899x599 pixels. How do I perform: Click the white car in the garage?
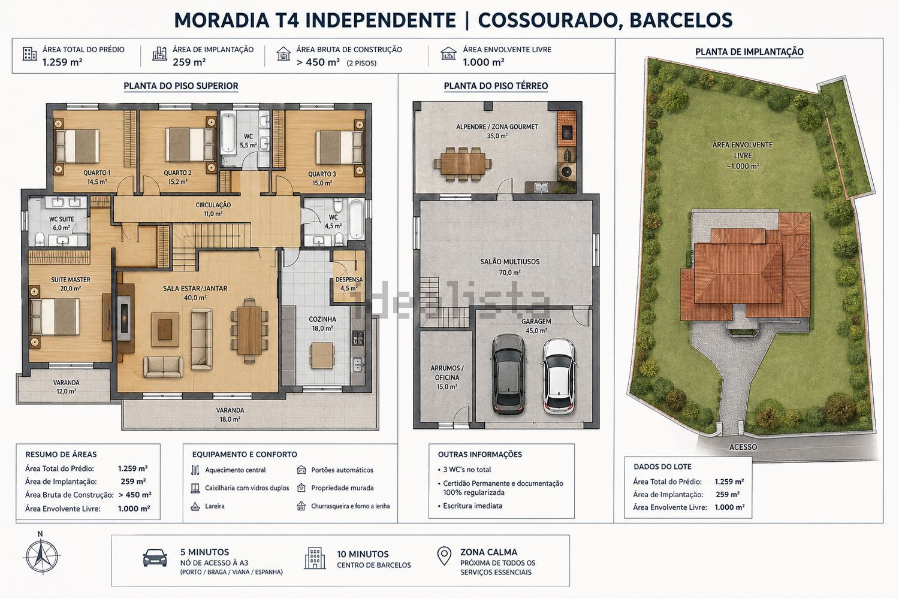559,376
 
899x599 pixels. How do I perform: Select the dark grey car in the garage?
508,374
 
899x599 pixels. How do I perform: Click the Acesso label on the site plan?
743,447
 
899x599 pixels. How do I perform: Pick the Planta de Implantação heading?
749,52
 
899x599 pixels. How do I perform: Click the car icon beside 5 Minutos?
155,558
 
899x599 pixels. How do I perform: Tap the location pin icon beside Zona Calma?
444,556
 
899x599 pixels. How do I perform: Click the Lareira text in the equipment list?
215,506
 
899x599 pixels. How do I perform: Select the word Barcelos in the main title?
681,20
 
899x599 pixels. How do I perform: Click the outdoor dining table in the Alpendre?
462,164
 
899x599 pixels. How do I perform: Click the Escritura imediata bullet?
470,506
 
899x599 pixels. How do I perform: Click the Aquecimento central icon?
195,470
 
